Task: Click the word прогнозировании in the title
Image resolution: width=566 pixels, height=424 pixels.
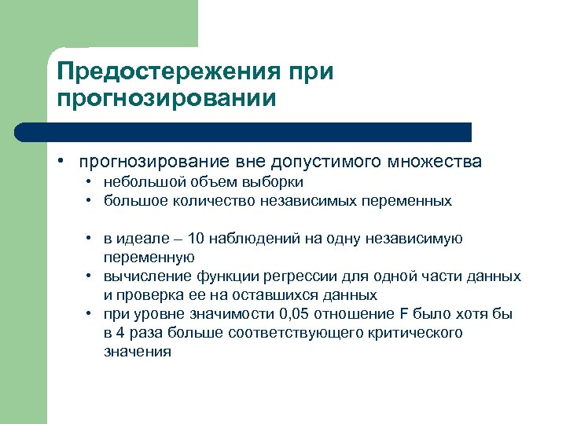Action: pos(167,99)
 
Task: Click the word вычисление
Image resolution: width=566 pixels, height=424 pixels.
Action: pos(141,276)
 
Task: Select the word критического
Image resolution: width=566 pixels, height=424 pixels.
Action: pos(415,333)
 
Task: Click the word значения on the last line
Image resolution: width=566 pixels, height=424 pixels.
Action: pos(138,352)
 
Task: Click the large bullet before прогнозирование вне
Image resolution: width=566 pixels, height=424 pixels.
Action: pos(60,163)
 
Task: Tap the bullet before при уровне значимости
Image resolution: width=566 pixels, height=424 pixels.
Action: pos(90,314)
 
